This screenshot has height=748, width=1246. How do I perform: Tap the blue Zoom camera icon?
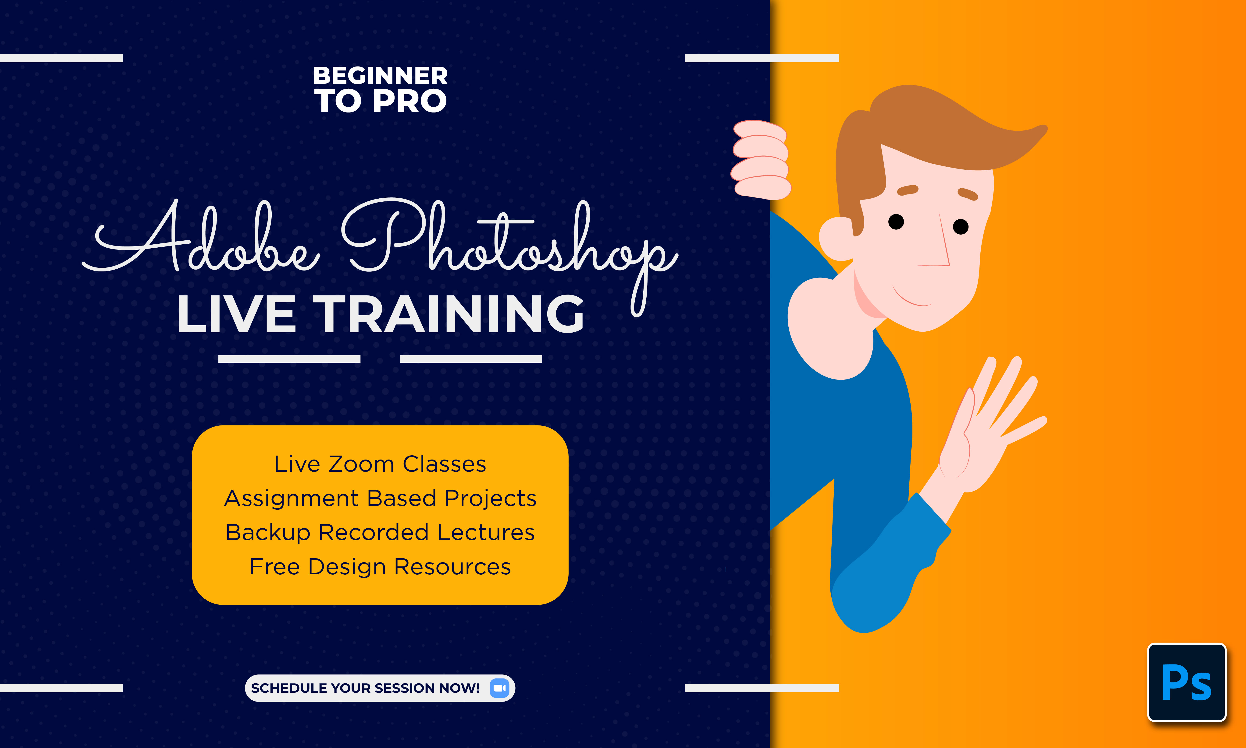[x=499, y=688]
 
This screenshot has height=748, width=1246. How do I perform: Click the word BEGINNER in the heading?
[x=380, y=76]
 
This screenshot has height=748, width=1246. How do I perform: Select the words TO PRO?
[x=380, y=101]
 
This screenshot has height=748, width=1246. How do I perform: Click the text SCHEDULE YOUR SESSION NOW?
[x=365, y=688]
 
